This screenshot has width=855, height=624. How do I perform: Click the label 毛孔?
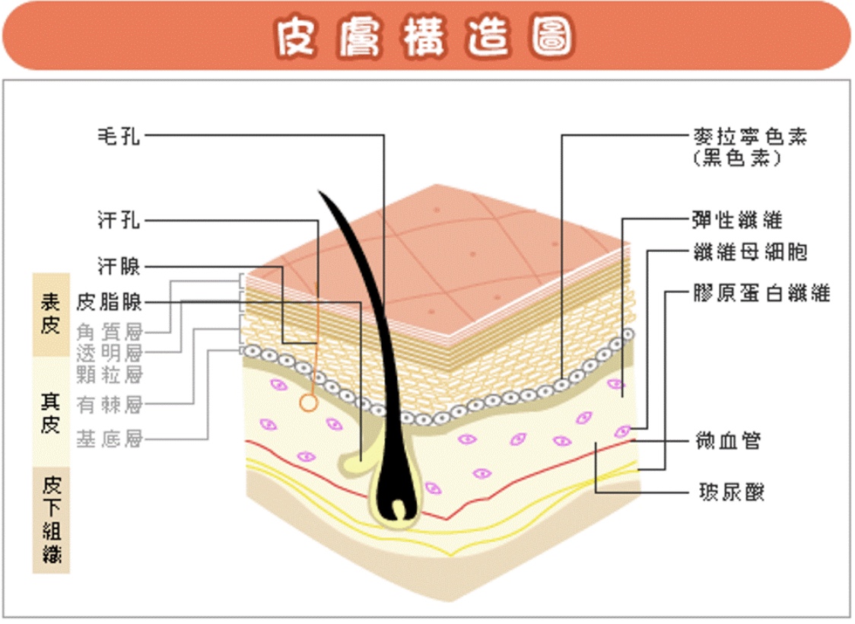pyautogui.click(x=119, y=136)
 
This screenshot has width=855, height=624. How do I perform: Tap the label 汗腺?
pyautogui.click(x=119, y=266)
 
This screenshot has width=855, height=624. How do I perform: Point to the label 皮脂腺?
pyautogui.click(x=110, y=302)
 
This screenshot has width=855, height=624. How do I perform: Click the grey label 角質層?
pyautogui.click(x=110, y=330)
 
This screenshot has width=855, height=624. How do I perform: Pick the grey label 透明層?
pyautogui.click(x=110, y=352)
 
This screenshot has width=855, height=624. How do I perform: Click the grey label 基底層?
pyautogui.click(x=110, y=439)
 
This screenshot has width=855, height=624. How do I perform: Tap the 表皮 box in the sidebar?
pyautogui.click(x=50, y=314)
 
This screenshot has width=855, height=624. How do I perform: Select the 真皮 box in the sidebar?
pyautogui.click(x=50, y=412)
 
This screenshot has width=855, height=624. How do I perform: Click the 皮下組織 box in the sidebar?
pyautogui.click(x=50, y=520)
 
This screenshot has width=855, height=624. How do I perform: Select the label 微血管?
pyautogui.click(x=728, y=440)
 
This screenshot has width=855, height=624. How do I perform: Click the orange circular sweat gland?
pyautogui.click(x=308, y=403)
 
